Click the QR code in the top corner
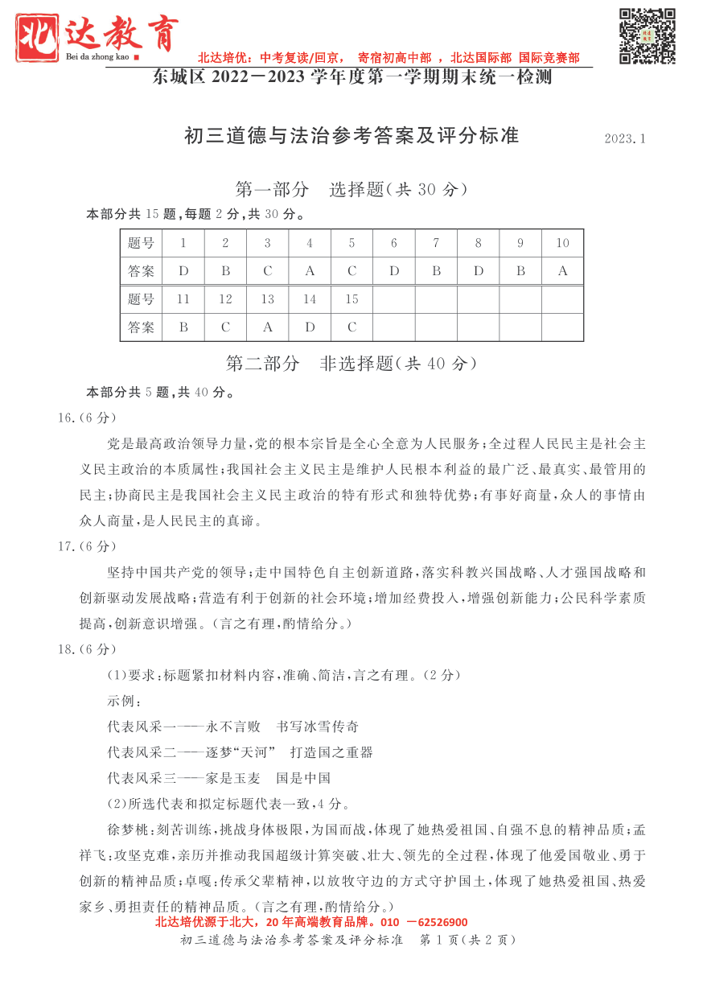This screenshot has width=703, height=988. click(647, 35)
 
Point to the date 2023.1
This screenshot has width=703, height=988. click(625, 139)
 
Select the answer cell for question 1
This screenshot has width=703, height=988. click(183, 271)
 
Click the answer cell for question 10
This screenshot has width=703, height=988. click(562, 271)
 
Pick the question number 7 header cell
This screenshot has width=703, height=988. click(436, 243)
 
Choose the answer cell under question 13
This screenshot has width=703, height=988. click(268, 327)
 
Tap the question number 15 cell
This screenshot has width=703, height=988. click(351, 299)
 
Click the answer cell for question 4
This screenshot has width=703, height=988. click(310, 271)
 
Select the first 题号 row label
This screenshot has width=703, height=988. click(141, 243)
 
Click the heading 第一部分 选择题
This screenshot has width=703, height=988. click(351, 190)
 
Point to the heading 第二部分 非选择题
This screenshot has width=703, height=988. click(351, 364)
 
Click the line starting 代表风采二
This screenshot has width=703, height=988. click(240, 752)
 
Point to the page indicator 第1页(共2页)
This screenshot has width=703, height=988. click(467, 940)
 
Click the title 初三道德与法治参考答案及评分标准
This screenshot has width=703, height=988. click(351, 136)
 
